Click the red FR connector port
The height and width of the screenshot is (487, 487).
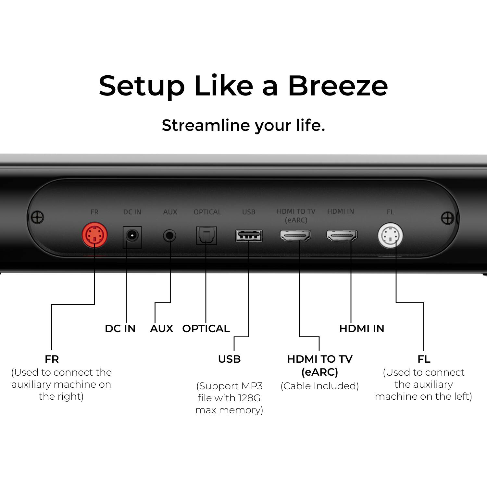(94, 235)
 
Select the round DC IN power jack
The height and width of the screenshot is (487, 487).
(132, 236)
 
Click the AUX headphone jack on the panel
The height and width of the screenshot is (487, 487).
(169, 236)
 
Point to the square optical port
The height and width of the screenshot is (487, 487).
(206, 235)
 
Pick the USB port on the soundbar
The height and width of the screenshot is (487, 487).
(249, 236)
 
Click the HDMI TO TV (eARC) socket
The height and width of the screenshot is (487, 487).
(295, 236)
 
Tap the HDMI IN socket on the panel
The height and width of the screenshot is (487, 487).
(342, 236)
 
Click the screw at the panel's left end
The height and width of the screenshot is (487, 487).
(37, 217)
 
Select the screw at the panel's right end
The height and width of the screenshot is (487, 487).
(448, 218)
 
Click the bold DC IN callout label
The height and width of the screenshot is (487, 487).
(120, 329)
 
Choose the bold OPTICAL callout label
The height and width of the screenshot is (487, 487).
(206, 329)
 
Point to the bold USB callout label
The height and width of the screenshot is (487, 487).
(229, 359)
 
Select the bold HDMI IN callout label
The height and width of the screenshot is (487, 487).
(362, 329)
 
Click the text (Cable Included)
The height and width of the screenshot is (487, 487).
(319, 386)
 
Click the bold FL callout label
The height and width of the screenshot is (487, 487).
(424, 359)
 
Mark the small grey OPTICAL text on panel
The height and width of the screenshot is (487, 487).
(207, 212)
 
